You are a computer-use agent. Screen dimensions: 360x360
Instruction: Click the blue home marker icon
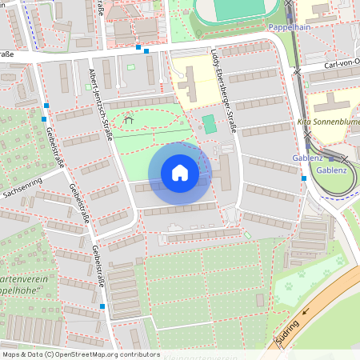(180, 173)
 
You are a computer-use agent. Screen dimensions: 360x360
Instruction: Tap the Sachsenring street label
(22, 193)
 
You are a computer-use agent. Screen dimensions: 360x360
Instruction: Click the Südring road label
(288, 329)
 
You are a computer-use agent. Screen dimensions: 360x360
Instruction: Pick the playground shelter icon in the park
(129, 120)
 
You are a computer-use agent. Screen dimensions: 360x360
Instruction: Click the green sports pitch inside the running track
(239, 8)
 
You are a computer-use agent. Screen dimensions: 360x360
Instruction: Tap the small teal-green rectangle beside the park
(209, 124)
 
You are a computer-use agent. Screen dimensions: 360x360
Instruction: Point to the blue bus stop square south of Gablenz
(303, 178)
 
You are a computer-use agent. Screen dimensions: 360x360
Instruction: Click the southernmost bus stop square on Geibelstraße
(102, 306)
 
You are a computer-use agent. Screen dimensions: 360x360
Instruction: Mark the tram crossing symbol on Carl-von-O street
(298, 70)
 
